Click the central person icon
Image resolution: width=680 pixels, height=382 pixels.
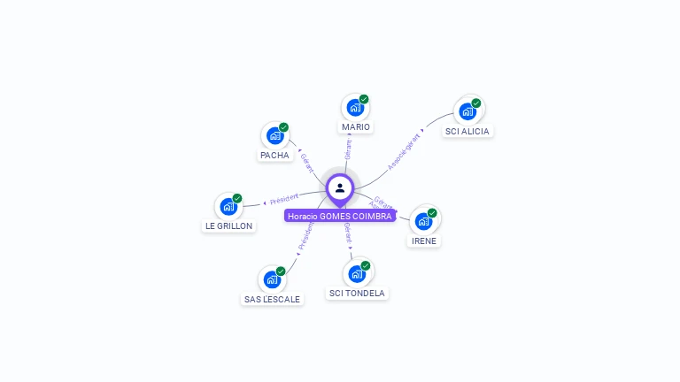coord(340,187)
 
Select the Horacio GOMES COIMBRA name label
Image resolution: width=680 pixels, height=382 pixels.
coord(340,216)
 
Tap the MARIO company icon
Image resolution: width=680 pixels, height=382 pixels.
coord(355,108)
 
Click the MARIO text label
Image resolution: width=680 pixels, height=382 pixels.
coord(355,127)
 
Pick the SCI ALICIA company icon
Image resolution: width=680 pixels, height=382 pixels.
coord(467,111)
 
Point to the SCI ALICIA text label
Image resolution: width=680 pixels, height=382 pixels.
coord(467,132)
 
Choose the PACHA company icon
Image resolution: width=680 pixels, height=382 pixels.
coord(274,136)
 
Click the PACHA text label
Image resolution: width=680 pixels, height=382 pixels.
coord(274,156)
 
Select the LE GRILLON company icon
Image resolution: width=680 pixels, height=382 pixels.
coord(228,207)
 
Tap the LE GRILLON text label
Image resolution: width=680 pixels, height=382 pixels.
coord(228,226)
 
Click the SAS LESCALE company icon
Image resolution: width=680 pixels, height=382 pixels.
coord(272,279)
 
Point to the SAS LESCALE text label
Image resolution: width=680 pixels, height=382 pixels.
coord(272,300)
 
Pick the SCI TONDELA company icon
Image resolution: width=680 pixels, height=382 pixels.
coord(357,273)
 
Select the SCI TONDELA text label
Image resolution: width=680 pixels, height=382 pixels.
coord(357,294)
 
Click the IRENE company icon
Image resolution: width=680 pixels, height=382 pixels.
coord(423,221)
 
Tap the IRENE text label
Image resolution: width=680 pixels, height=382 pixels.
coord(423,241)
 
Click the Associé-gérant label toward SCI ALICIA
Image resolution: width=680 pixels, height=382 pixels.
coord(404,152)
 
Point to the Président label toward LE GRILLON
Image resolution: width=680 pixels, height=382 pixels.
coord(284,199)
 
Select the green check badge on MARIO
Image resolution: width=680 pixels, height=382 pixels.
coord(364,99)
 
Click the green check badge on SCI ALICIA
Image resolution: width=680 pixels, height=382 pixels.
coord(476,103)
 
